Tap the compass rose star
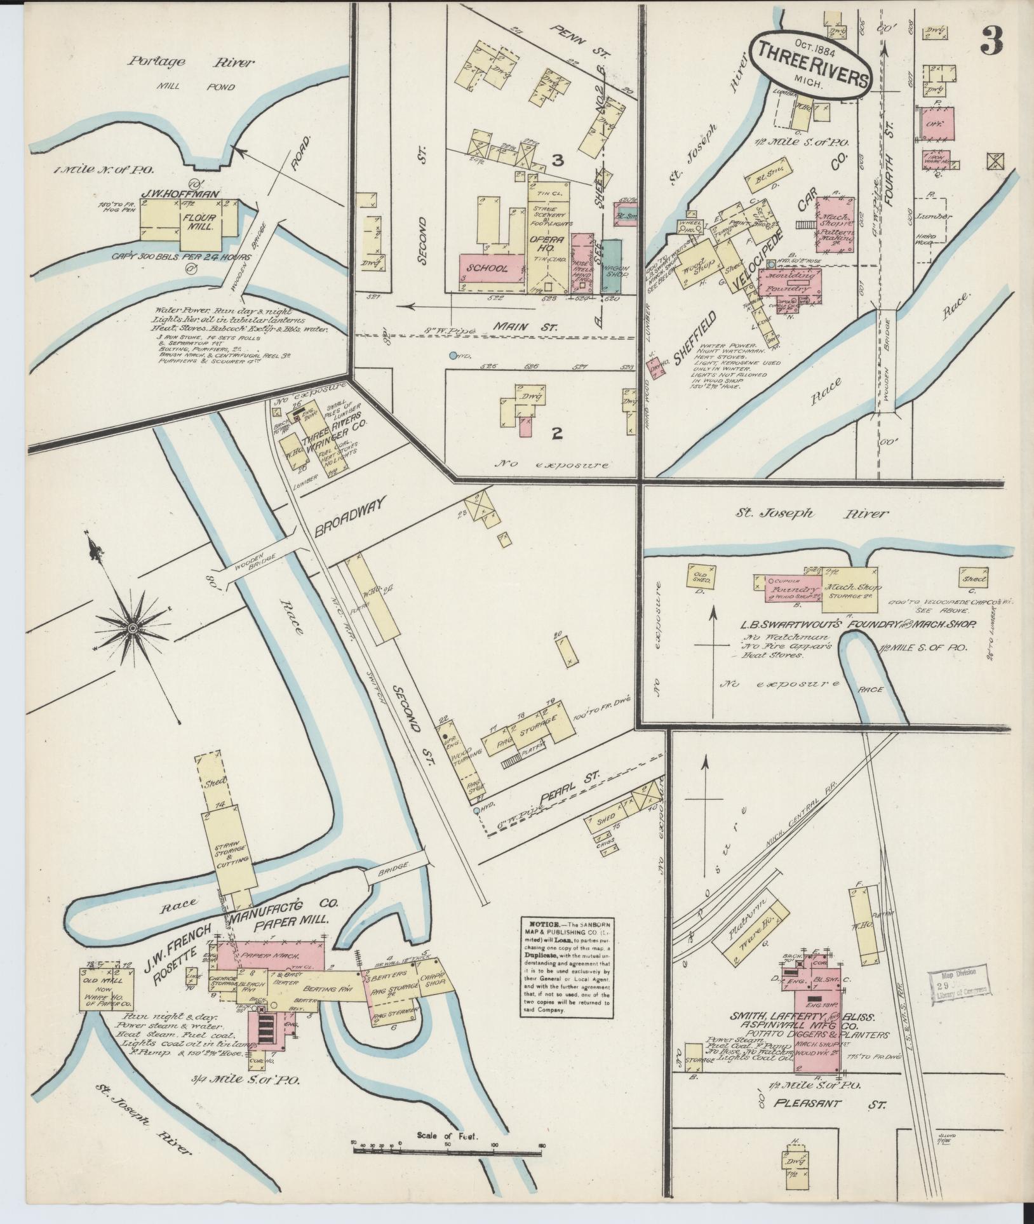[x=132, y=628]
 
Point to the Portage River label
[x=191, y=62]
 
